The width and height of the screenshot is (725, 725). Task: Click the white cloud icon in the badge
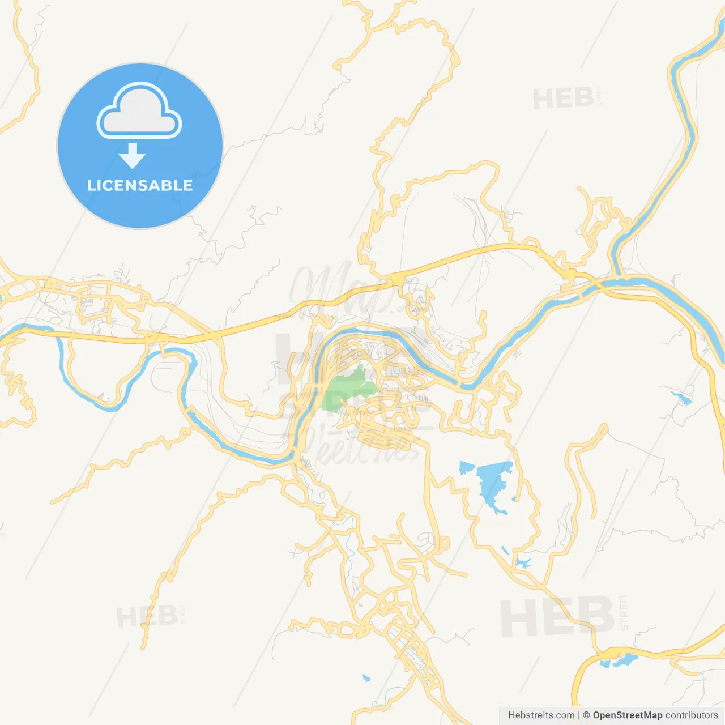pyautogui.click(x=139, y=112)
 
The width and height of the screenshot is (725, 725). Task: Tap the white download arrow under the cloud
pyautogui.click(x=133, y=155)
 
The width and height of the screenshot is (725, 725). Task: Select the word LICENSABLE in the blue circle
pyautogui.click(x=140, y=185)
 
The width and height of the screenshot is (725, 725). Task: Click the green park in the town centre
pyautogui.click(x=347, y=390)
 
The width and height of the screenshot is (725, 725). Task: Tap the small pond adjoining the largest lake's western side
pyautogui.click(x=466, y=468)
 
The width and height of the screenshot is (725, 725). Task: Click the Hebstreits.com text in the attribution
pyautogui.click(x=541, y=715)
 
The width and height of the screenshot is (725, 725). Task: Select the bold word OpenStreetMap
pyautogui.click(x=628, y=715)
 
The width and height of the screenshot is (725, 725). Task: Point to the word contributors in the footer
pyautogui.click(x=692, y=715)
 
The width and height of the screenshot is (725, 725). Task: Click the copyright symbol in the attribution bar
pyautogui.click(x=587, y=715)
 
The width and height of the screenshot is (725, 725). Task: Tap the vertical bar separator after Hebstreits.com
pyautogui.click(x=579, y=715)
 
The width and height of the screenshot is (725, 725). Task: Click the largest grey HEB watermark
pyautogui.click(x=557, y=617)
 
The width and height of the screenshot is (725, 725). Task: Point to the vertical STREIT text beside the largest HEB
pyautogui.click(x=624, y=612)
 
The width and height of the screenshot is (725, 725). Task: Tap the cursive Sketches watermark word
pyautogui.click(x=362, y=447)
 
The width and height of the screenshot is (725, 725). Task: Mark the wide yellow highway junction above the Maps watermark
pyautogui.click(x=396, y=278)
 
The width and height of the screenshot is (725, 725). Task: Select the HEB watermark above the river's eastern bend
pyautogui.click(x=564, y=99)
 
